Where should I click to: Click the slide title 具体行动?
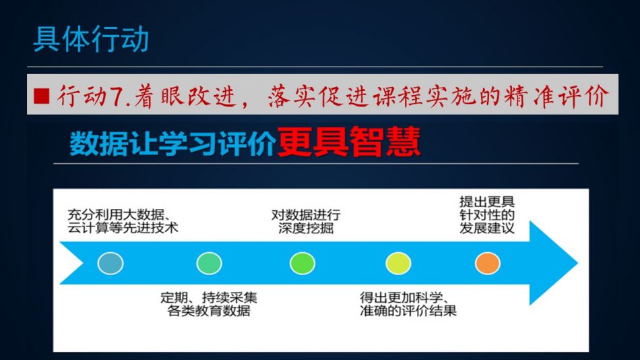91,39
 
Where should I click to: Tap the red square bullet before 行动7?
42,96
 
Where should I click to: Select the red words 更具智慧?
349,142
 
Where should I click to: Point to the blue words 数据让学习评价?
172,144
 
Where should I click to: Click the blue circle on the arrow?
110,263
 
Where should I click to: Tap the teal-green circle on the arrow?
209,263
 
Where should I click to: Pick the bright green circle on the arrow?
302,263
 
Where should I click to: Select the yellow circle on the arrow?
398,263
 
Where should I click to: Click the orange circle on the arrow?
487,263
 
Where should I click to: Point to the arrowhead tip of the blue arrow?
577,263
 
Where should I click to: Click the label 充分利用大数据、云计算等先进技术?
123,221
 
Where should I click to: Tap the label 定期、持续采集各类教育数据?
209,304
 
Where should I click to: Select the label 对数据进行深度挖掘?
306,221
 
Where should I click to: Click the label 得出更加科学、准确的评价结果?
408,304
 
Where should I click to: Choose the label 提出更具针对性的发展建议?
487,214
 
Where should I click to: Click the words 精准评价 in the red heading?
556,97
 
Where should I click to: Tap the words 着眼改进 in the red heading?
186,97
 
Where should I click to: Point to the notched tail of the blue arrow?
84,263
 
